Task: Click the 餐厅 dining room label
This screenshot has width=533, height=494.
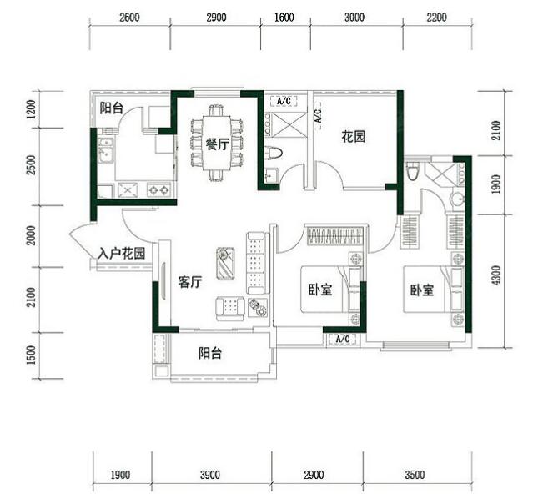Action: point(217,145)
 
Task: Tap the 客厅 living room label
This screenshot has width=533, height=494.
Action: point(190,282)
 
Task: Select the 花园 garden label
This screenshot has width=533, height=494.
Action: point(354,137)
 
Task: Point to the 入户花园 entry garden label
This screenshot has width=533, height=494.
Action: point(121,254)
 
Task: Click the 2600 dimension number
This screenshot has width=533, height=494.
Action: point(129,17)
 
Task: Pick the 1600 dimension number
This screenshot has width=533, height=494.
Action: point(284,17)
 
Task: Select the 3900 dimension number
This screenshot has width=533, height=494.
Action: point(209,475)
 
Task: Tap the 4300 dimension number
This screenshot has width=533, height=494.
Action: point(496,275)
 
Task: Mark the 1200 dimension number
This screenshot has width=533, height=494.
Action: point(31,109)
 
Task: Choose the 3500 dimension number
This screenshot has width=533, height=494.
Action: point(415,475)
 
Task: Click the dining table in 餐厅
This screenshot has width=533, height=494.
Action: point(217,143)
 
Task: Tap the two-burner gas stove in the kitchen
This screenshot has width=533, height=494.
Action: point(158,189)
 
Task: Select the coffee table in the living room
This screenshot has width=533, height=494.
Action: point(225,264)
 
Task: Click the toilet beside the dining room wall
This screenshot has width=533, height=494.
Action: point(274,153)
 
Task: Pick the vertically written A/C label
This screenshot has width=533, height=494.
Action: point(318,116)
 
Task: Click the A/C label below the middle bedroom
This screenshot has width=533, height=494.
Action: point(343,339)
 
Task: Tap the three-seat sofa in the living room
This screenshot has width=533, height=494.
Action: point(255,263)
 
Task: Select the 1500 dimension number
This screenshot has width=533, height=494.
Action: point(31,355)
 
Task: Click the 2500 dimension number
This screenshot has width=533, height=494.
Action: point(31,165)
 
